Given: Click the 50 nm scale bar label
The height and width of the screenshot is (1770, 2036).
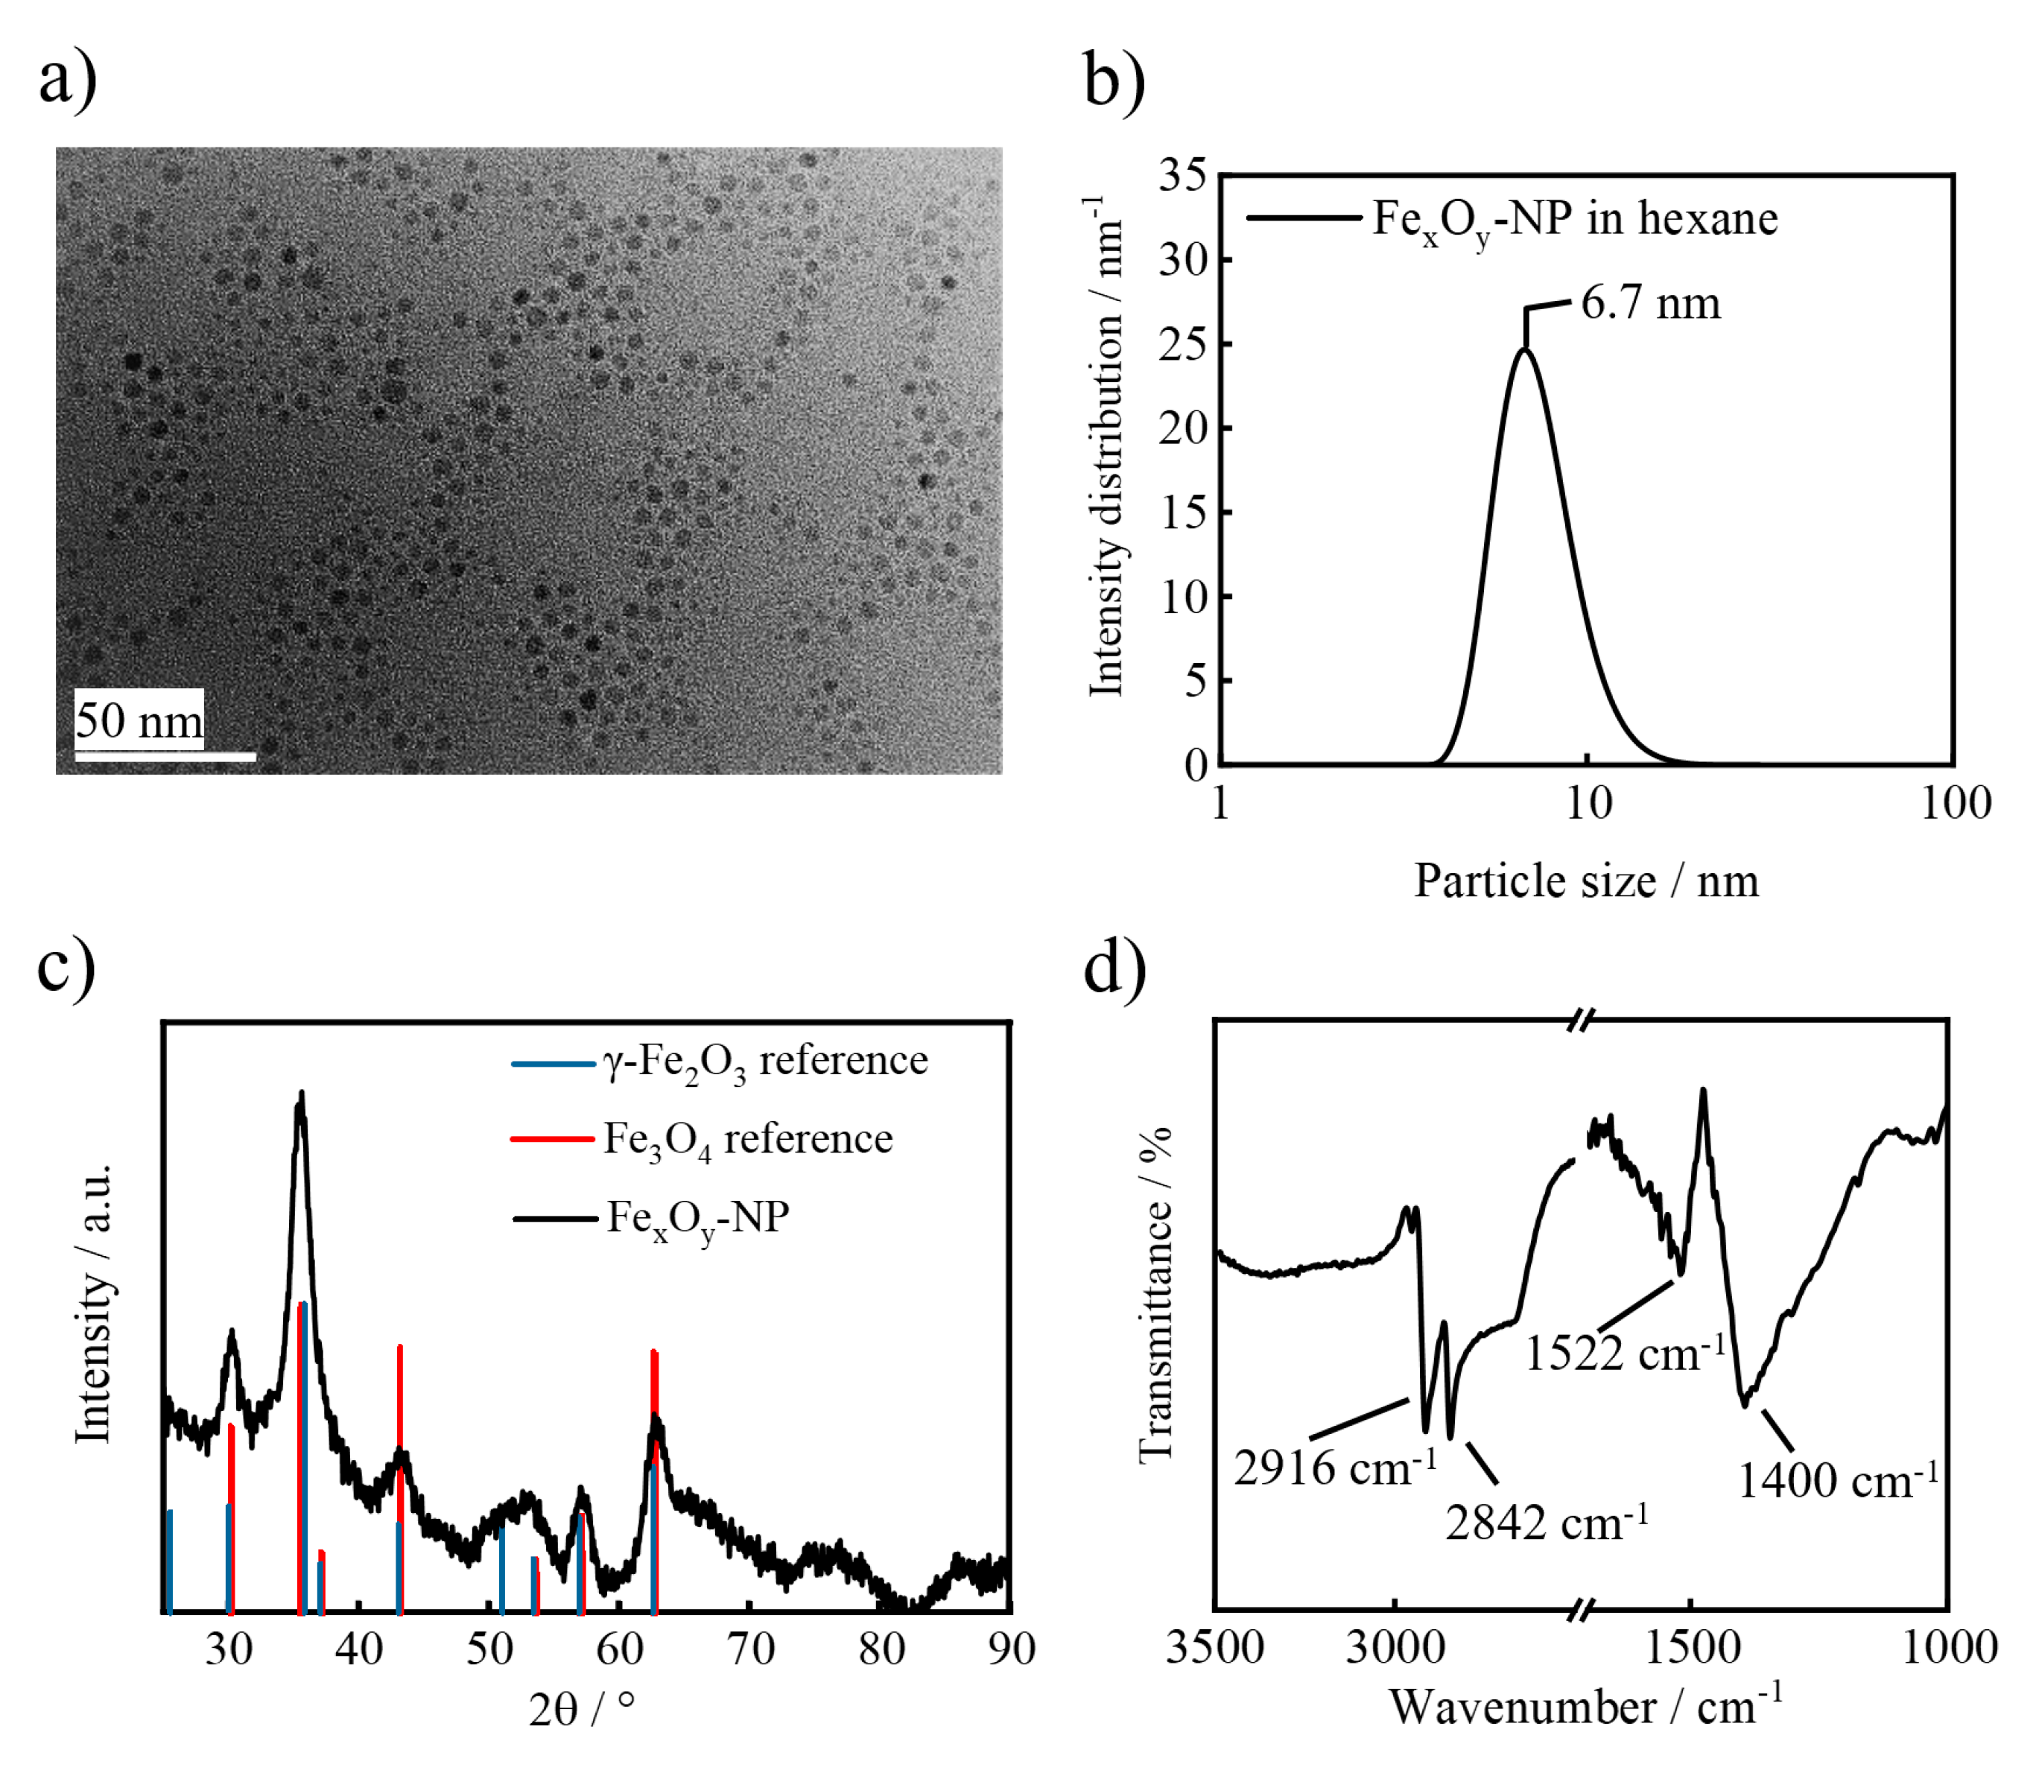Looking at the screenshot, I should (139, 720).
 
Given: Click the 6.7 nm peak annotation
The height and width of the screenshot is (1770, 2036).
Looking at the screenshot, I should (1650, 302).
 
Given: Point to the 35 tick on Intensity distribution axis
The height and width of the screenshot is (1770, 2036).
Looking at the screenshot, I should (1182, 176).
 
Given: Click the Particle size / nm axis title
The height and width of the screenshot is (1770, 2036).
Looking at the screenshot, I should (1585, 880).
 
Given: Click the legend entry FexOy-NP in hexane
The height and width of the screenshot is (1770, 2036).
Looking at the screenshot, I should (1573, 219).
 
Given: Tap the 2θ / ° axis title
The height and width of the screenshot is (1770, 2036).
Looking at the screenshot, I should (582, 1709).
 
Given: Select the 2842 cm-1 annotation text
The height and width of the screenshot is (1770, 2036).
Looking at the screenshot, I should (1546, 1523).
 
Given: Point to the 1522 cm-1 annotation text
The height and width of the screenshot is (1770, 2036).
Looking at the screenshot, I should (1625, 1353).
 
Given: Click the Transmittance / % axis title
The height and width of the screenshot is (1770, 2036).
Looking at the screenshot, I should (1154, 1294).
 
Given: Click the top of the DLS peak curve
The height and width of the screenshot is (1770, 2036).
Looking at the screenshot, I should (1525, 349).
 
